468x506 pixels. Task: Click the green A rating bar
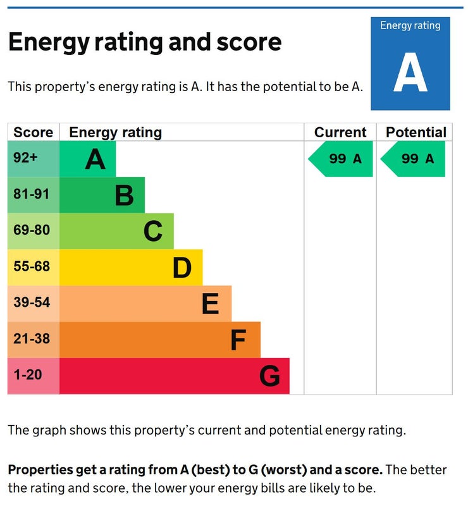pos(88,159)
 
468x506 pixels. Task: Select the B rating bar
pos(102,195)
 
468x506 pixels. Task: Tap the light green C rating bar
pos(117,231)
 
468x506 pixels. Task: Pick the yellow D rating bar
pos(132,267)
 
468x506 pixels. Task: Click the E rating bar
pos(145,304)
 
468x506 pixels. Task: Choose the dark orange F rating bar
pos(160,340)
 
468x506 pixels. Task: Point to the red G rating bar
pos(175,376)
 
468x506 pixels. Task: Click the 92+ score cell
pos(34,159)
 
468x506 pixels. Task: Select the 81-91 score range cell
pos(34,195)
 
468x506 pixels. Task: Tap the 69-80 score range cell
pos(34,231)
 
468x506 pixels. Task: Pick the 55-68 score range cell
pos(34,267)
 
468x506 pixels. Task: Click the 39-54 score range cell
pos(34,304)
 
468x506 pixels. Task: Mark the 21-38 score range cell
pos(34,340)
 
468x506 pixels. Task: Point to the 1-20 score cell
pos(34,376)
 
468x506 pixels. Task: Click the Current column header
pos(340,132)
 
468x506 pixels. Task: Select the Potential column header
pos(416,132)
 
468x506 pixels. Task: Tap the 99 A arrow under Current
pos(341,159)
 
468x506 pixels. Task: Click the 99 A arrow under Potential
pos(413,159)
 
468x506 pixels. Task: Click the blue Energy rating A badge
pos(410,63)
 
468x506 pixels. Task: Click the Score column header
pos(34,132)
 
